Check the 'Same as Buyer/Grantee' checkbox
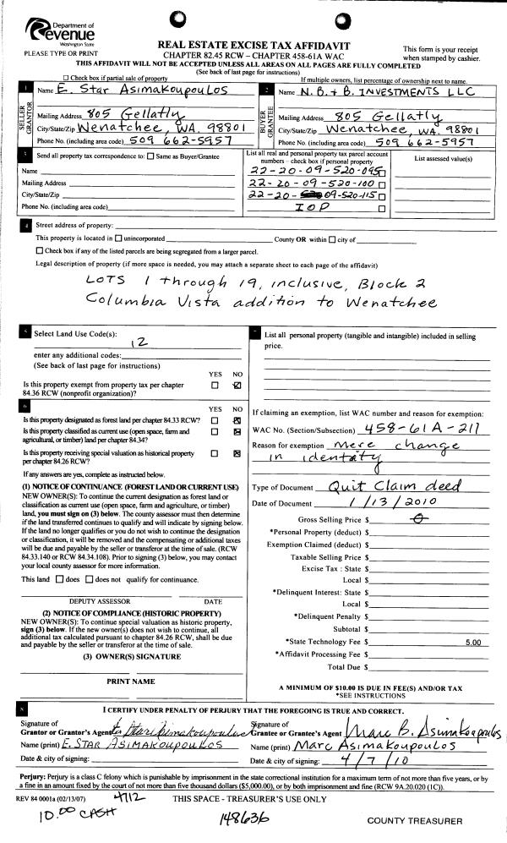(150, 156)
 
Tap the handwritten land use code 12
(141, 343)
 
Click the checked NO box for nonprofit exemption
(237, 386)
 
